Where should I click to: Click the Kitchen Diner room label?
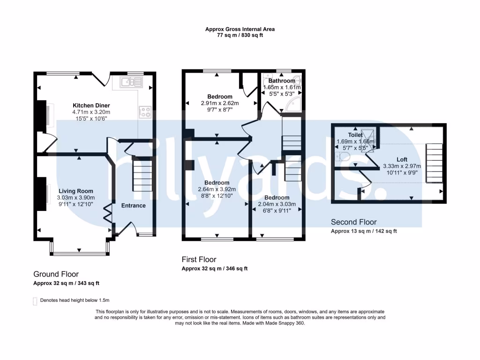pos(91,105)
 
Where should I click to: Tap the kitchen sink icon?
pos(132,82)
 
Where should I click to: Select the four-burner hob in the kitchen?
pos(145,112)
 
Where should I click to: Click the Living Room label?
pos(76,191)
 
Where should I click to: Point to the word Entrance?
pos(133,205)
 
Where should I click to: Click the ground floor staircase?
pos(142,174)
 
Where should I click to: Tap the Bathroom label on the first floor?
pos(282,81)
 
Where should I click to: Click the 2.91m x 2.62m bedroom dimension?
pos(220,103)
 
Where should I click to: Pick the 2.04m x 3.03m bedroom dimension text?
pos(277,204)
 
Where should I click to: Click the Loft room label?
pos(402,159)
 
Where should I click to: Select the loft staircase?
pos(435,164)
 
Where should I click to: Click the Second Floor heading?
pos(353,222)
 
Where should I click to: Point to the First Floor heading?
pos(199,260)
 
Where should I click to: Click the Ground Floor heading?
pos(56,274)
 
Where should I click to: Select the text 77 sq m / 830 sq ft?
pos(240,35)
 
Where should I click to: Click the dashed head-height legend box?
pos(35,301)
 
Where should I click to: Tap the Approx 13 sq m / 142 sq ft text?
pos(364,231)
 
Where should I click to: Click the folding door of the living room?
pos(108,213)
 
